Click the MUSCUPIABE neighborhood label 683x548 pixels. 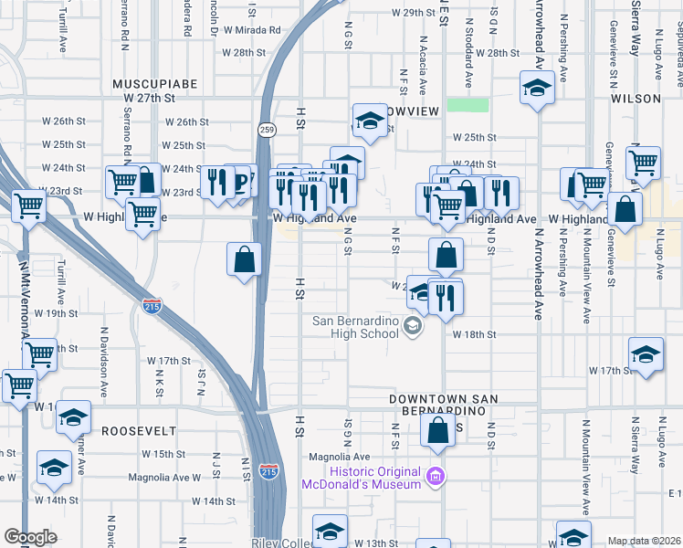tap(155, 83)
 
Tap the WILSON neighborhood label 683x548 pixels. tap(636, 98)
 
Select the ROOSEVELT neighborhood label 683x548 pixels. tap(137, 429)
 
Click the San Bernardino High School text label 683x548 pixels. tap(356, 327)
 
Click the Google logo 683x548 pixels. tap(30, 537)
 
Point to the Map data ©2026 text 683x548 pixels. tap(644, 541)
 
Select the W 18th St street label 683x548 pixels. tap(474, 334)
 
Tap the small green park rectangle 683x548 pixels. tap(467, 105)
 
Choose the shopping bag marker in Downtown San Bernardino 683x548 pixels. tap(438, 431)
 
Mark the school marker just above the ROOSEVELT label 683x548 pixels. tap(73, 418)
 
